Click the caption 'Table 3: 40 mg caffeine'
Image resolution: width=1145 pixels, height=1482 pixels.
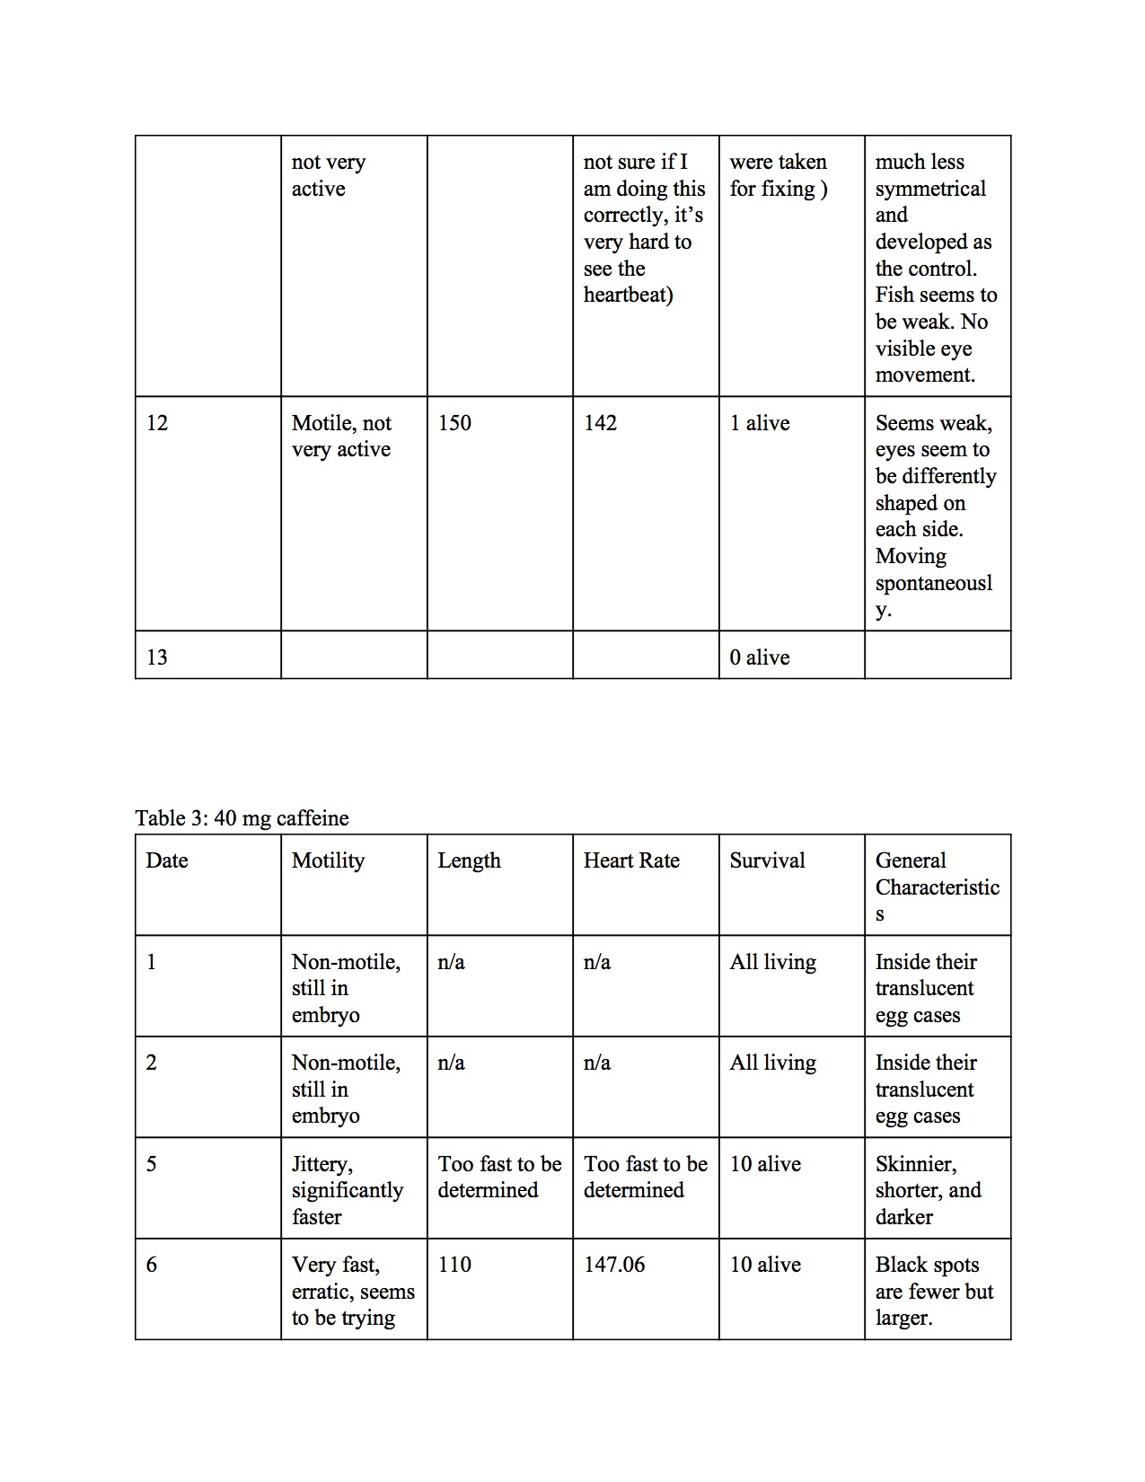coord(242,818)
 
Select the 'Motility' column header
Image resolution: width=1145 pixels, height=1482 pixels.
coord(328,860)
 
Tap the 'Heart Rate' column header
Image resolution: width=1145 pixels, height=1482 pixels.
coord(631,860)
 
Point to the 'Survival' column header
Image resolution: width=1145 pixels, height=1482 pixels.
coord(767,860)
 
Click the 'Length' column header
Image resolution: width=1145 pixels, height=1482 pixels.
coord(469,860)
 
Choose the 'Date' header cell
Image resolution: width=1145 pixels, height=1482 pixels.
coord(167,860)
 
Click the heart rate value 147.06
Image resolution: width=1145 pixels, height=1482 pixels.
coord(614,1265)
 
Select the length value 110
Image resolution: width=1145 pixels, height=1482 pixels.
coord(454,1265)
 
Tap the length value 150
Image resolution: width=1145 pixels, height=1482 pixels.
coord(454,423)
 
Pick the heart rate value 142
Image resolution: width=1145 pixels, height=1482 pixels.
coord(600,423)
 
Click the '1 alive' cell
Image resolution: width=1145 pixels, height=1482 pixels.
coord(760,423)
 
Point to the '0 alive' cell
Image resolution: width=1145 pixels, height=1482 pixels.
coord(760,657)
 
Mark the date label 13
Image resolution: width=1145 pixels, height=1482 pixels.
coord(157,657)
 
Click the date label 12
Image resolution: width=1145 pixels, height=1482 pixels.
coord(157,423)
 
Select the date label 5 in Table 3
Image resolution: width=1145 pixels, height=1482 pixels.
coord(152,1164)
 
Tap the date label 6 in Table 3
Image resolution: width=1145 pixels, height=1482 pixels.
coord(152,1265)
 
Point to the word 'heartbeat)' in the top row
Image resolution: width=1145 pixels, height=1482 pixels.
coord(628,295)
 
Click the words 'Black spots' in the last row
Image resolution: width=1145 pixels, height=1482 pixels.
coord(927,1265)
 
